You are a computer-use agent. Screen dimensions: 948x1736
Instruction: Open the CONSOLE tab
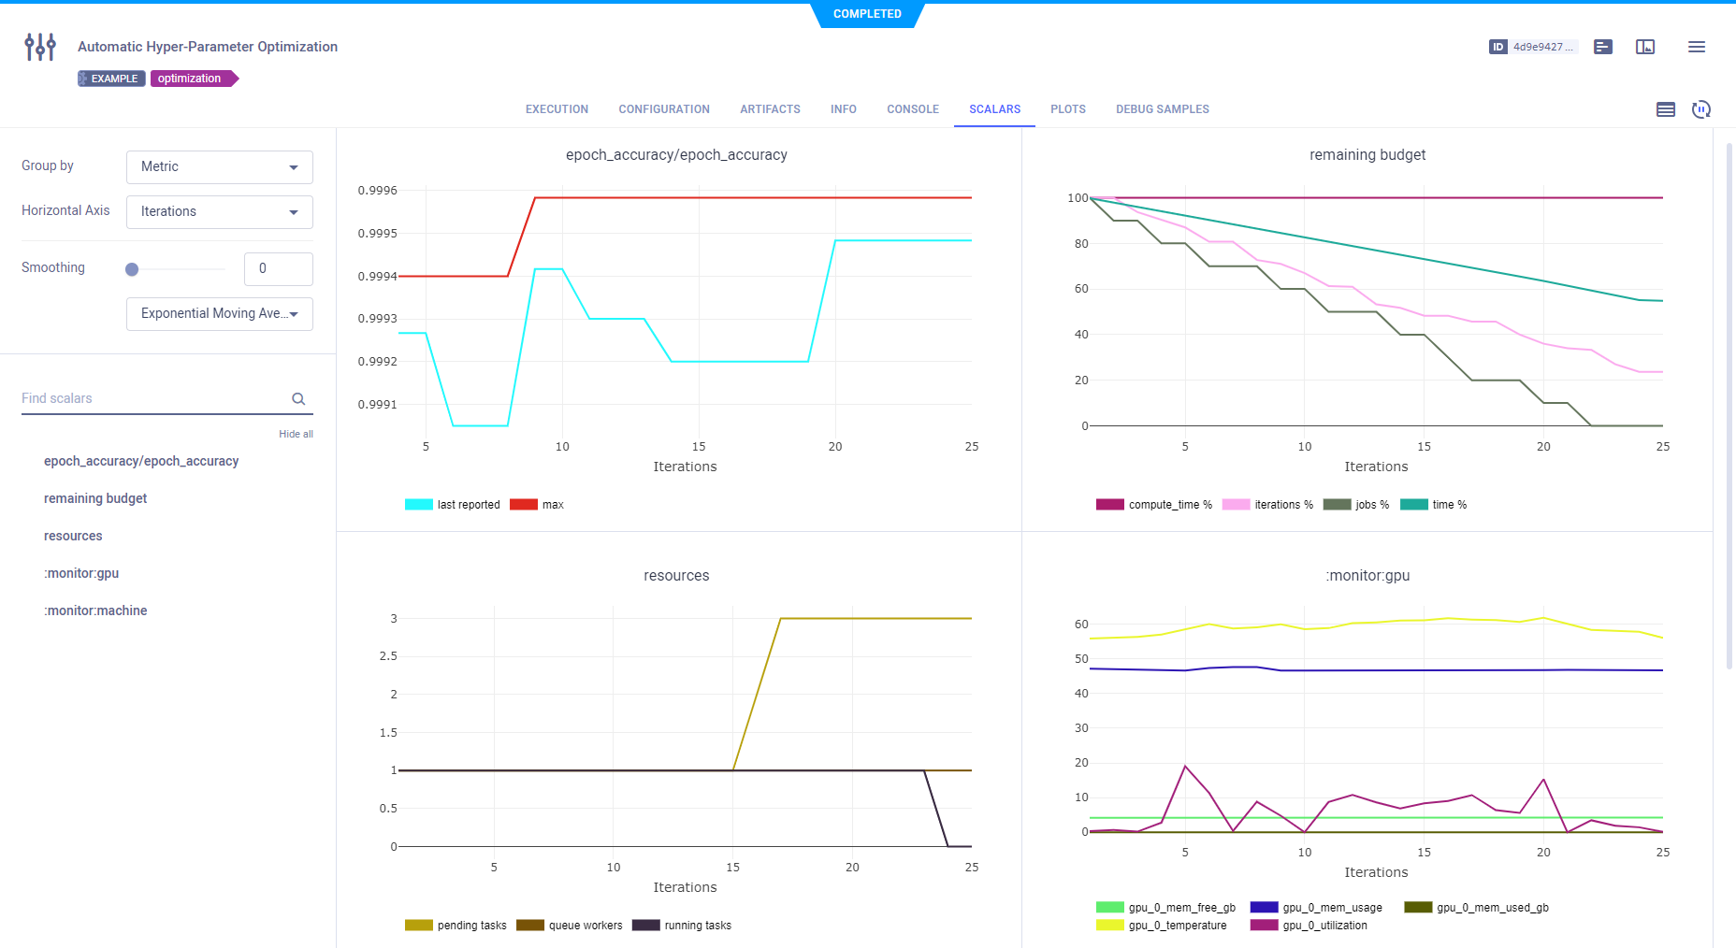(912, 109)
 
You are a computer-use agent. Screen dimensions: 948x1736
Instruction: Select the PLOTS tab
(1067, 109)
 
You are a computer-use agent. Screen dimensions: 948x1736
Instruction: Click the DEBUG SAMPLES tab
(1162, 109)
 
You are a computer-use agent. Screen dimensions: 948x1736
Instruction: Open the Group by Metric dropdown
(219, 167)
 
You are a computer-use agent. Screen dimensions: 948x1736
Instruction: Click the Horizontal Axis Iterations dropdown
(219, 212)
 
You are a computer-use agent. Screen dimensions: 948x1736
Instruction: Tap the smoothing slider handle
(132, 269)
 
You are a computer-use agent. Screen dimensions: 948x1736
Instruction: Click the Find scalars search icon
(298, 399)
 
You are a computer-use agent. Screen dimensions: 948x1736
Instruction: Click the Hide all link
(296, 434)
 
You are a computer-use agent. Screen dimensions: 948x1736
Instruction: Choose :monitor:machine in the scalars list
(95, 610)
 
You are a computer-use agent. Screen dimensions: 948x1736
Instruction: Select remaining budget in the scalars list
(95, 498)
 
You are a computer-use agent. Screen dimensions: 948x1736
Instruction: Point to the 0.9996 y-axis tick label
(377, 191)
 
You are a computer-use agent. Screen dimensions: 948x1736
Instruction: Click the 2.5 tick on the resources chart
(388, 656)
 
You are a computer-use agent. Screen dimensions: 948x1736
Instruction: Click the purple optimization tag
(190, 79)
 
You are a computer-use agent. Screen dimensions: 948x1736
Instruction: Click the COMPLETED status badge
(867, 14)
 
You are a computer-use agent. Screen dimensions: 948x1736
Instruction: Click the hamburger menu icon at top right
(1696, 47)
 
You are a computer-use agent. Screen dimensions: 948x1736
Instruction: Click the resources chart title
(676, 576)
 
